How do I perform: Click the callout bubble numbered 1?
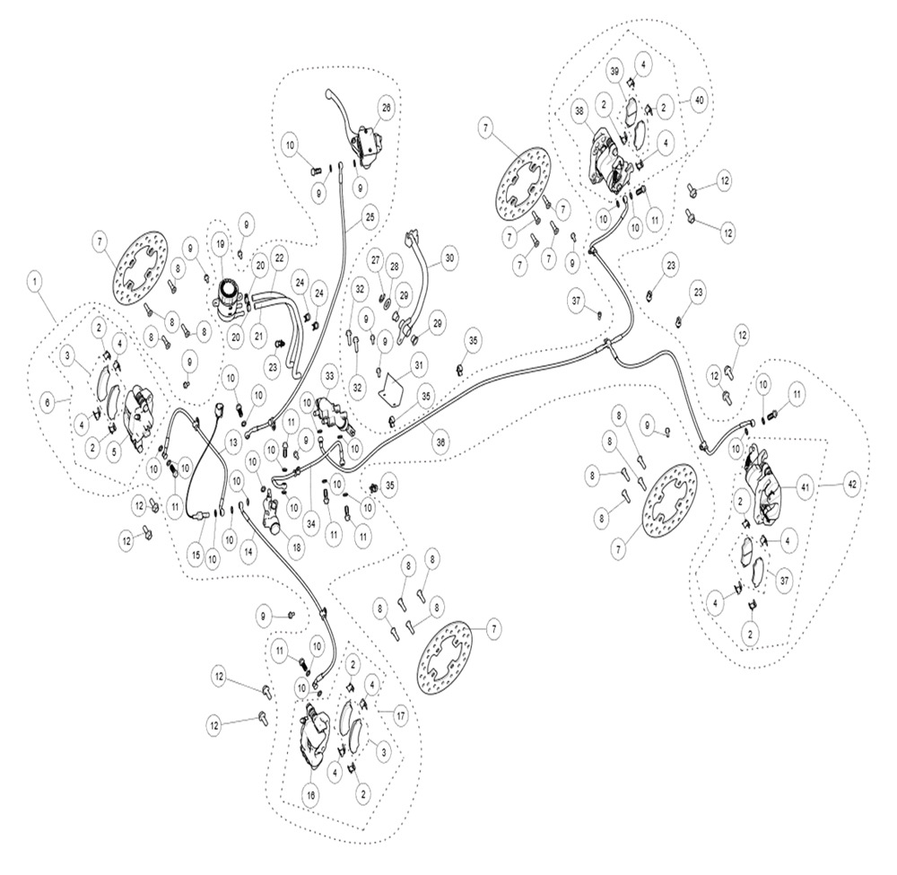click(37, 282)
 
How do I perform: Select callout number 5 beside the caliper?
click(114, 452)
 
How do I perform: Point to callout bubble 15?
click(196, 555)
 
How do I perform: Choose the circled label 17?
click(400, 715)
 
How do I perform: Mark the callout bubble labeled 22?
click(279, 258)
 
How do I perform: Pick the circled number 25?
click(370, 217)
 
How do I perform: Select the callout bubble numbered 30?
click(449, 258)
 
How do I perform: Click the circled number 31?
click(418, 364)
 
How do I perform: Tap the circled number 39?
click(615, 72)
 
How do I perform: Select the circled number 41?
click(805, 488)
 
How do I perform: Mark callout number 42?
click(852, 484)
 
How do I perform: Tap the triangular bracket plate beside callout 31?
click(393, 386)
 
